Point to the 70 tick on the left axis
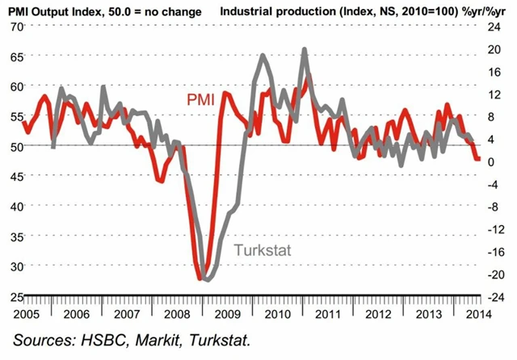(14, 27)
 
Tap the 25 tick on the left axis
(14, 295)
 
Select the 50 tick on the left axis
(14, 146)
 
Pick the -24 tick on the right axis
(494, 296)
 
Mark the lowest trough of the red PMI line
(200, 278)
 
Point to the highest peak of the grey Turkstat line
(305, 49)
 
